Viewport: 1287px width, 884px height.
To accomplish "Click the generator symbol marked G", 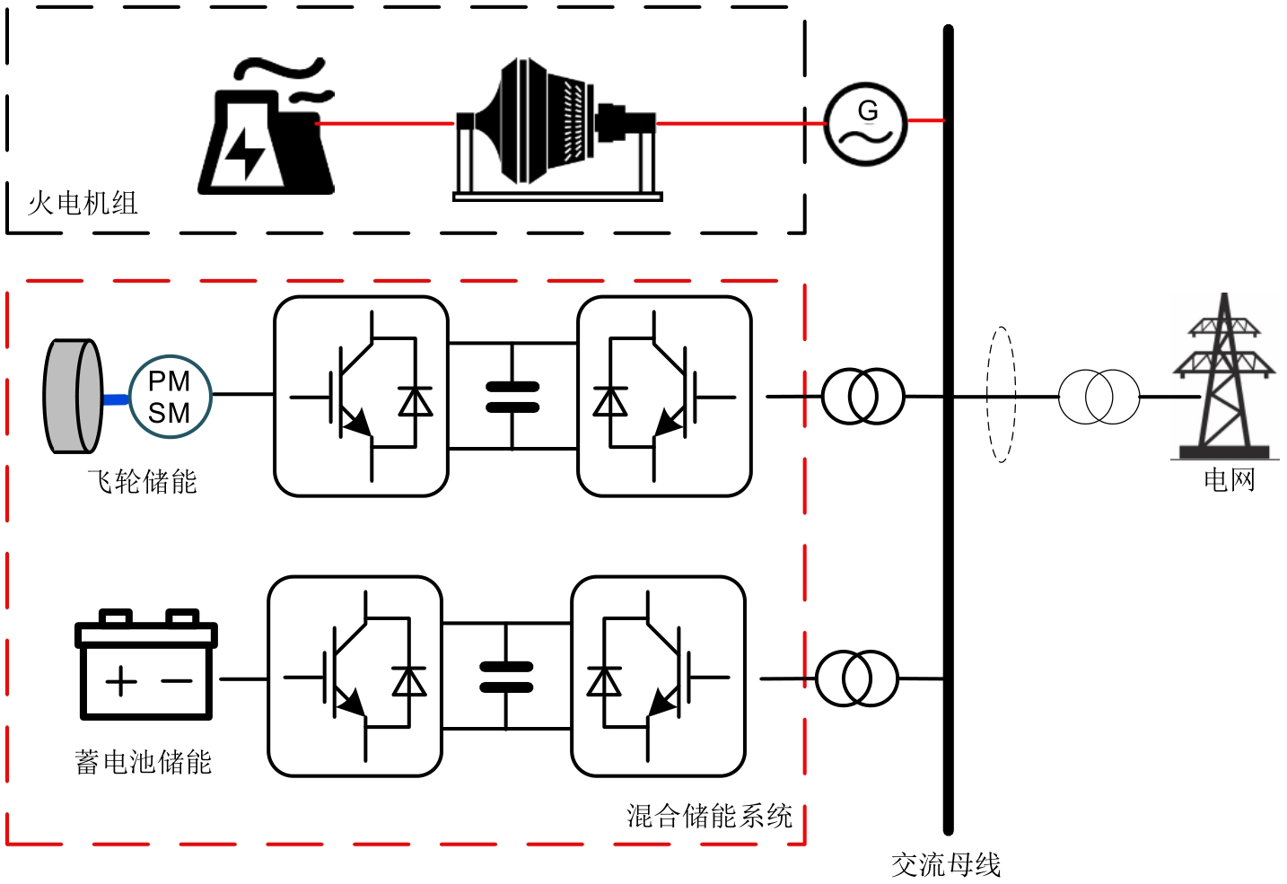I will pyautogui.click(x=866, y=124).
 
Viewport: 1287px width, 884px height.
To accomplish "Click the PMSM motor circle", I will pyautogui.click(x=170, y=397).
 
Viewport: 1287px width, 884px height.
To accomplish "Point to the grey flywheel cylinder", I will pyautogui.click(x=74, y=396).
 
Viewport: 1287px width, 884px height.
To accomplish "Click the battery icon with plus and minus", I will pyautogui.click(x=146, y=665).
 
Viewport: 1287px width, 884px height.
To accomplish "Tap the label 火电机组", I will pyautogui.click(x=83, y=204).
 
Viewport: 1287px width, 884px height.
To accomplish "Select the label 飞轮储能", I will pyautogui.click(x=142, y=482).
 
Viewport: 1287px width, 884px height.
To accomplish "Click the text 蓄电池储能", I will pyautogui.click(x=144, y=763).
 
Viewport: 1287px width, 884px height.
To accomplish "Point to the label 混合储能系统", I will pyautogui.click(x=709, y=816).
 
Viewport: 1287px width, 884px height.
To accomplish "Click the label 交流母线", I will pyautogui.click(x=946, y=865).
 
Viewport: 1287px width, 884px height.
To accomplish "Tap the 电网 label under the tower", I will pyautogui.click(x=1229, y=480).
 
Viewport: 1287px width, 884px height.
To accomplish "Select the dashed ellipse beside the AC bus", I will pyautogui.click(x=1001, y=395).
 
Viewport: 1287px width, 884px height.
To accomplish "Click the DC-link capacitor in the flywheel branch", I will pyautogui.click(x=512, y=397).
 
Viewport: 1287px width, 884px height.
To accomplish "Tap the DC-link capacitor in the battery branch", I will pyautogui.click(x=506, y=677).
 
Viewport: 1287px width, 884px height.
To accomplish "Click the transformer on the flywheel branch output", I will pyautogui.click(x=862, y=396).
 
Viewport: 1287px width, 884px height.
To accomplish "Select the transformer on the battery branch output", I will pyautogui.click(x=856, y=678).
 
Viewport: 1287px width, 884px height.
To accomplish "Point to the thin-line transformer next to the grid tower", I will pyautogui.click(x=1099, y=396).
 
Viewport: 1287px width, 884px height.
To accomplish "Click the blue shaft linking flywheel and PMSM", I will pyautogui.click(x=116, y=399).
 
